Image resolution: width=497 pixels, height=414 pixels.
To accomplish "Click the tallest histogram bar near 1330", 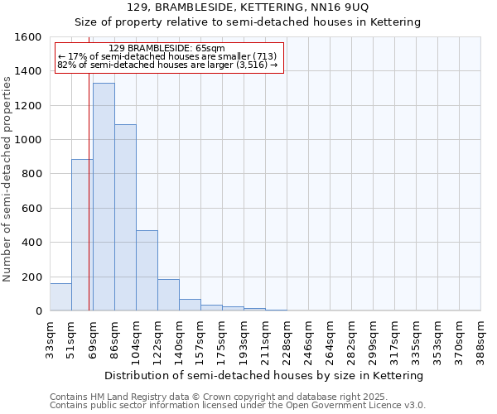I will pos(104,197).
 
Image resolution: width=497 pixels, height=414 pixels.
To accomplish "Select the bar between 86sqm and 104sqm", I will pos(125,218).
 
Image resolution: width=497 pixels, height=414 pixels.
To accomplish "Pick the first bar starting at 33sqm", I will pos(60,297).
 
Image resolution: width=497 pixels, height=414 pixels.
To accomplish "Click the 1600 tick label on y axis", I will pos(28,37).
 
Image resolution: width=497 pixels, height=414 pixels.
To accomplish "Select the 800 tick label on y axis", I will pos(31,174).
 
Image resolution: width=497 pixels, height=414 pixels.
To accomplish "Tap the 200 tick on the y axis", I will pos(31,277).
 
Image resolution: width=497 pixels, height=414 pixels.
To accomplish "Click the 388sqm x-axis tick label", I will pos(481,338).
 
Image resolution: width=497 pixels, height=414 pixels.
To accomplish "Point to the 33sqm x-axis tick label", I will pos(51,338).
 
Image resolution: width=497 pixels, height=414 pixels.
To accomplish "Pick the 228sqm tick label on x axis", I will pos(287,338).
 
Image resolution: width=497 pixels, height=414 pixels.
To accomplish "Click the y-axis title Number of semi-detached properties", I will pos(7,175).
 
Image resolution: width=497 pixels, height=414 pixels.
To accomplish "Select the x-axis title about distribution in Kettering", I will pos(265,375).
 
